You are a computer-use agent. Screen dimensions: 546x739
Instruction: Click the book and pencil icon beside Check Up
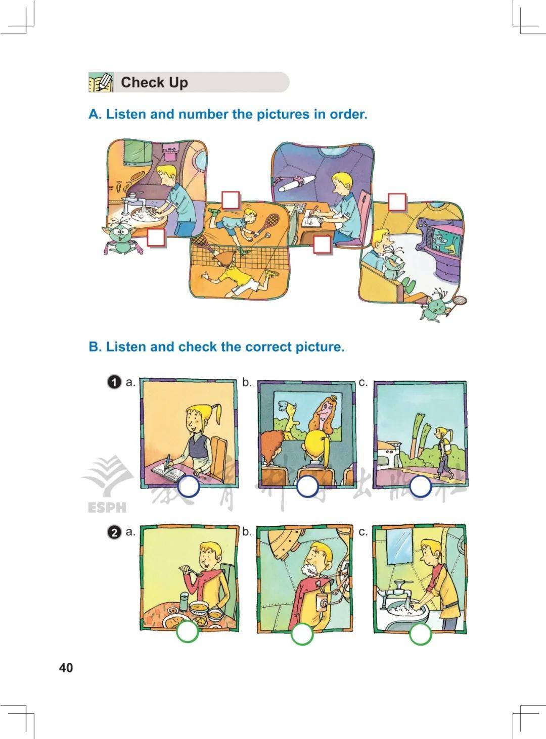(x=101, y=82)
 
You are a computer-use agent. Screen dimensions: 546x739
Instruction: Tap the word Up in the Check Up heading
(x=178, y=83)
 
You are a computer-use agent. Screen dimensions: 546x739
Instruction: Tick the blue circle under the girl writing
(x=189, y=487)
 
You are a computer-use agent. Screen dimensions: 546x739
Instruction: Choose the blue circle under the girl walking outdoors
(x=420, y=487)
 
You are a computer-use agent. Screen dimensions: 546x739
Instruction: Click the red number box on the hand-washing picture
(x=156, y=238)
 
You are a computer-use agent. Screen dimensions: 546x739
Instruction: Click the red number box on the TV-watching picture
(x=397, y=202)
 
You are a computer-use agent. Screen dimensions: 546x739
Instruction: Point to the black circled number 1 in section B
(x=114, y=382)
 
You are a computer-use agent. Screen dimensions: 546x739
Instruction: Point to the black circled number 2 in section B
(x=114, y=533)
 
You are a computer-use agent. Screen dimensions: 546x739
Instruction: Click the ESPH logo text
(x=107, y=508)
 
